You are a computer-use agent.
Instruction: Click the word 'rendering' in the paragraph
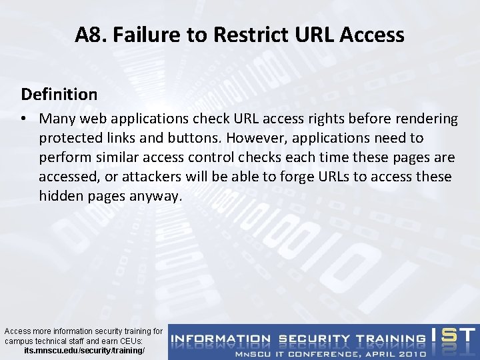pyautogui.click(x=427, y=119)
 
